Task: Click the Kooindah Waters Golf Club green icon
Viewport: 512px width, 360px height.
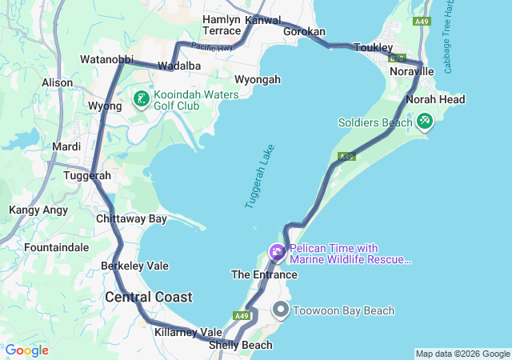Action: [x=141, y=100]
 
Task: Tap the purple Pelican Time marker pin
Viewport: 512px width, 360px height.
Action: [x=278, y=254]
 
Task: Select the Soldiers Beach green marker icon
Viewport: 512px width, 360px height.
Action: [x=425, y=122]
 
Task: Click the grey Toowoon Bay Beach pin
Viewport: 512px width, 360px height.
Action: [x=281, y=310]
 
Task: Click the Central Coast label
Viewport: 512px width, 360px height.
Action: [x=149, y=297]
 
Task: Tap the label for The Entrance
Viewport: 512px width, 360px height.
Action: [x=264, y=274]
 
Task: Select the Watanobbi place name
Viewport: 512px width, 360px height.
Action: [x=106, y=59]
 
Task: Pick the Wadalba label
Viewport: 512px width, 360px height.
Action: [x=178, y=65]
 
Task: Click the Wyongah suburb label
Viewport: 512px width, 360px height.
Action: [x=258, y=79]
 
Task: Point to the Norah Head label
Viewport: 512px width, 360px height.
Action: [x=435, y=99]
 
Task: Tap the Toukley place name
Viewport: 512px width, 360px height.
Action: [x=373, y=47]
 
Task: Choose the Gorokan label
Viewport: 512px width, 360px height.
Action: [x=305, y=31]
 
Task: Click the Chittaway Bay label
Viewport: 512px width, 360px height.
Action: [x=131, y=218]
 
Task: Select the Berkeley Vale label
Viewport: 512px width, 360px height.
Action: [x=134, y=266]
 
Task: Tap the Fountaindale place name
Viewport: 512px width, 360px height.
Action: [x=56, y=247]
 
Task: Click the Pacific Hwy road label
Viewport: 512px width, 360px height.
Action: [x=212, y=48]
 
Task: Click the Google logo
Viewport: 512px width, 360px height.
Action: [x=26, y=350]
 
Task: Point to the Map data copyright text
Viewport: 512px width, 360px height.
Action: [x=462, y=354]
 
